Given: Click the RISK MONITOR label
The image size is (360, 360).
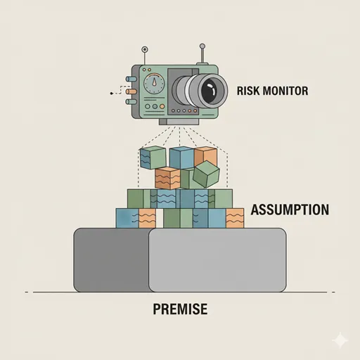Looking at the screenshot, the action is [x=272, y=91].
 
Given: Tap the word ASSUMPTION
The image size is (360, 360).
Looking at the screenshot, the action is [x=290, y=210].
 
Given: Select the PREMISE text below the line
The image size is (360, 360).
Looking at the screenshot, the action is [x=180, y=309].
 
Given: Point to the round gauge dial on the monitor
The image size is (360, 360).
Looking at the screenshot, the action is [x=154, y=83].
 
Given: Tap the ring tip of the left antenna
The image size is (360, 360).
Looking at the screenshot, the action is [x=145, y=49].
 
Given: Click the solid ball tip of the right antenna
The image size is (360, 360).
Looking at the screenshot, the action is [x=202, y=46].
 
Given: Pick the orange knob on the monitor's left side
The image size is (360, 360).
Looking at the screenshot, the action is [x=131, y=91].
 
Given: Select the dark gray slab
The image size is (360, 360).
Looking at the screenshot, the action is [x=112, y=259].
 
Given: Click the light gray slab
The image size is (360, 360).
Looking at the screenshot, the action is [x=217, y=260].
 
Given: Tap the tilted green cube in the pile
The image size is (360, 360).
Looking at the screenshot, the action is [x=206, y=174].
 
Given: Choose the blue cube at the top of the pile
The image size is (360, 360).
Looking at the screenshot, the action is [x=182, y=157].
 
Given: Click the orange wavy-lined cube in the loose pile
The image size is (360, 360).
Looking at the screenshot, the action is [x=168, y=178].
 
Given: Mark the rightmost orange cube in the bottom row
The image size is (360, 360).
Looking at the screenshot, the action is [x=235, y=218].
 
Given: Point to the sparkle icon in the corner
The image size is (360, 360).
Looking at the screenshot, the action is [x=340, y=340].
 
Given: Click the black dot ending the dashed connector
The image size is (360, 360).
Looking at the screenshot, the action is [x=111, y=94].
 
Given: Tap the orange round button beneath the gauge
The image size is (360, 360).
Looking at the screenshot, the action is [x=162, y=106].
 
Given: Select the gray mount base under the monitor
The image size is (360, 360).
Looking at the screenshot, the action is [x=179, y=122].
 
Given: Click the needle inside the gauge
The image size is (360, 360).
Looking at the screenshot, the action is [x=154, y=82].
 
